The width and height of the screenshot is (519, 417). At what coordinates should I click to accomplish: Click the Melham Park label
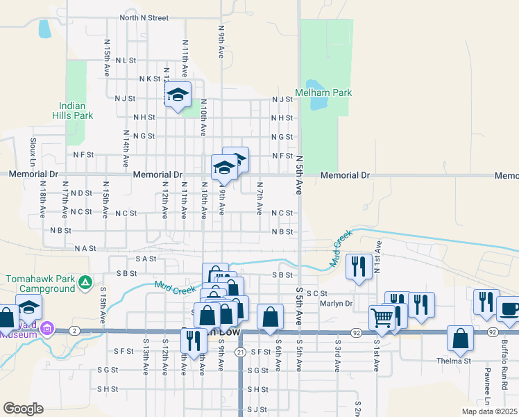point(323,92)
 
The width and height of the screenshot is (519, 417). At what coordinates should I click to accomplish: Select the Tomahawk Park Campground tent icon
point(85,282)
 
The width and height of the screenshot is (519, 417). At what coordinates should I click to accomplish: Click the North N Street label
point(144,17)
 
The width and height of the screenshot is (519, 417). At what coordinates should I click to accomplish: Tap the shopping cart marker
point(382,318)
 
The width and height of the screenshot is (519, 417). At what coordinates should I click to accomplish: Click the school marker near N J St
point(178,95)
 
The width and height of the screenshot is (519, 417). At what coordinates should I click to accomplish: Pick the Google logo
point(24,409)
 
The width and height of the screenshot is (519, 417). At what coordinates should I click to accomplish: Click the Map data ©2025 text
point(489,411)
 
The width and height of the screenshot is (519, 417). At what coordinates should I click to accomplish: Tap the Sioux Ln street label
point(33,149)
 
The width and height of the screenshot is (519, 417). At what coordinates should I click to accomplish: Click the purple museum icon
point(48,327)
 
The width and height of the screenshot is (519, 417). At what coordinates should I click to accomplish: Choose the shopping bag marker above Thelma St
point(460,338)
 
